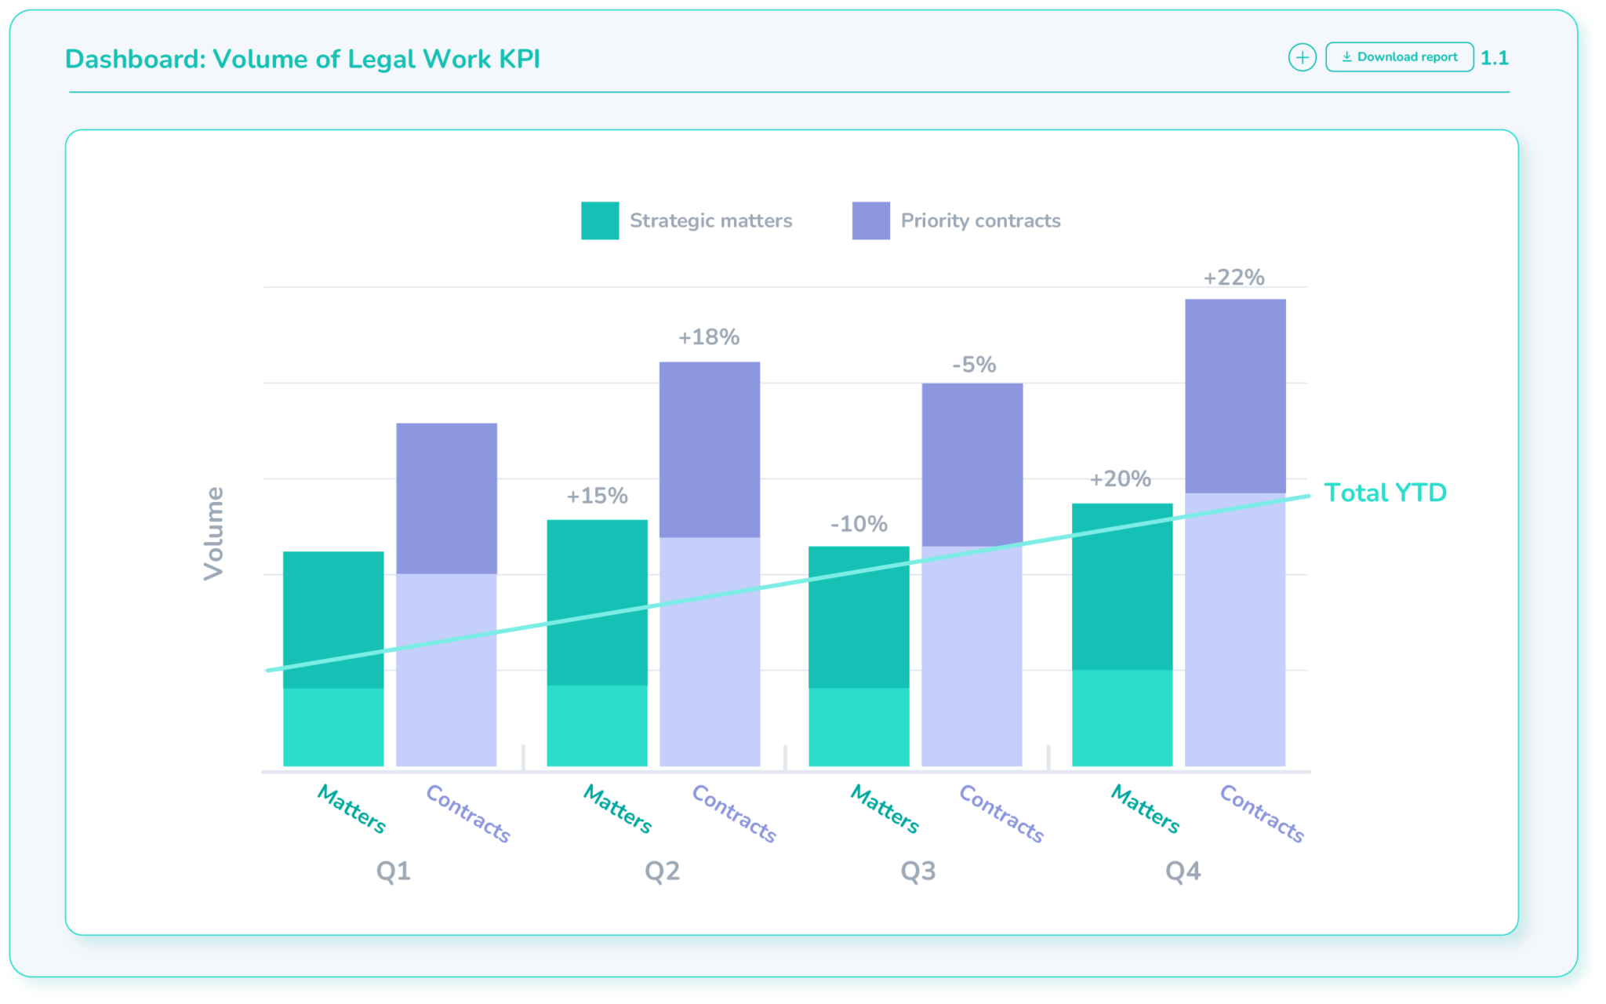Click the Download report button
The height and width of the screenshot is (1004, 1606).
(x=1399, y=57)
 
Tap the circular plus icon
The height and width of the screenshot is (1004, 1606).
(x=1302, y=57)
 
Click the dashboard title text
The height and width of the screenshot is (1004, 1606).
(x=303, y=60)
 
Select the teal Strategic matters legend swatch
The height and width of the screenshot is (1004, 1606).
(x=600, y=220)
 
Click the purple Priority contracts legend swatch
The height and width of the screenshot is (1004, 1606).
(x=870, y=220)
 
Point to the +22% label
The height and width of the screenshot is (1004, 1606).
(x=1234, y=278)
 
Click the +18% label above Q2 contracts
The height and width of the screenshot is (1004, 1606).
(x=709, y=337)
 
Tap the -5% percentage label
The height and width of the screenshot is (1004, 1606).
(x=974, y=365)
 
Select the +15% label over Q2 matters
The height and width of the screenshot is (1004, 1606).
(x=597, y=496)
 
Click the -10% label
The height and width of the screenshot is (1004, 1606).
(x=859, y=524)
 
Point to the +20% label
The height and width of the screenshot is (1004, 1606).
(x=1120, y=478)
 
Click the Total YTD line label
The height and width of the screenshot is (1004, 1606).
(x=1385, y=493)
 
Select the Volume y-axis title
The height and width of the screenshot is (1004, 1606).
(x=213, y=533)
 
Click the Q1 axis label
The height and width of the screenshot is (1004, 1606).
(x=393, y=871)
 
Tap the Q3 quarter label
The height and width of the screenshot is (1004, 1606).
(x=917, y=871)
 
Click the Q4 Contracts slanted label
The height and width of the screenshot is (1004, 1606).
(x=1262, y=813)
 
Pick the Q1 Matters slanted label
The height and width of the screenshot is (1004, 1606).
(x=351, y=809)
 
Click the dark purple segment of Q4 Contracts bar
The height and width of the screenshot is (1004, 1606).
(x=1235, y=396)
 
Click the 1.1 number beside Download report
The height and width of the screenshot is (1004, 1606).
(x=1494, y=58)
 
